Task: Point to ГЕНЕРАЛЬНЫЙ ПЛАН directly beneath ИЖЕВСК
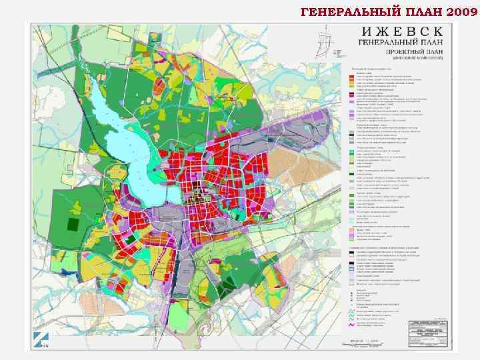tap(396, 43)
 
